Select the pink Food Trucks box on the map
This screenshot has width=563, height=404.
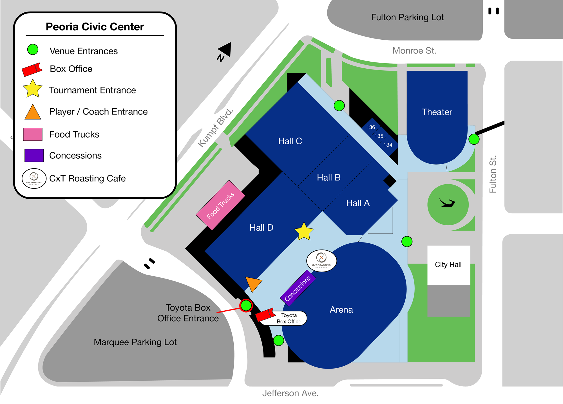click(x=220, y=205)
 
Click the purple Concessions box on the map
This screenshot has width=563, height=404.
click(x=298, y=288)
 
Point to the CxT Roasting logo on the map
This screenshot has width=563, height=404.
click(x=321, y=261)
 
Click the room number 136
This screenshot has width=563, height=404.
click(x=370, y=127)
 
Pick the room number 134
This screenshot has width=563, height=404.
click(x=388, y=145)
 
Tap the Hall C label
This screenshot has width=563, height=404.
click(x=290, y=141)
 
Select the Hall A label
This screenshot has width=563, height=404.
click(x=358, y=203)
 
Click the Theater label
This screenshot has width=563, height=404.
click(x=437, y=112)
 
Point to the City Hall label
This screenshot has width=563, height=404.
click(x=448, y=264)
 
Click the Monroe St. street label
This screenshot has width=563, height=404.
click(x=414, y=51)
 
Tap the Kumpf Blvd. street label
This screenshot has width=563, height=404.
click(x=215, y=127)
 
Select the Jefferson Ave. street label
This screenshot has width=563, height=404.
click(x=290, y=393)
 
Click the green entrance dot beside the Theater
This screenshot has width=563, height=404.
click(x=474, y=139)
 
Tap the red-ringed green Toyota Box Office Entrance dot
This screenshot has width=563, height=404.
click(x=246, y=305)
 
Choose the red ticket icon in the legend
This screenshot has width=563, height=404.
click(x=32, y=69)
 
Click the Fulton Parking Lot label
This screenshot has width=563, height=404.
click(x=407, y=17)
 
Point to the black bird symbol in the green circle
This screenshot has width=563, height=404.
click(x=448, y=203)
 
